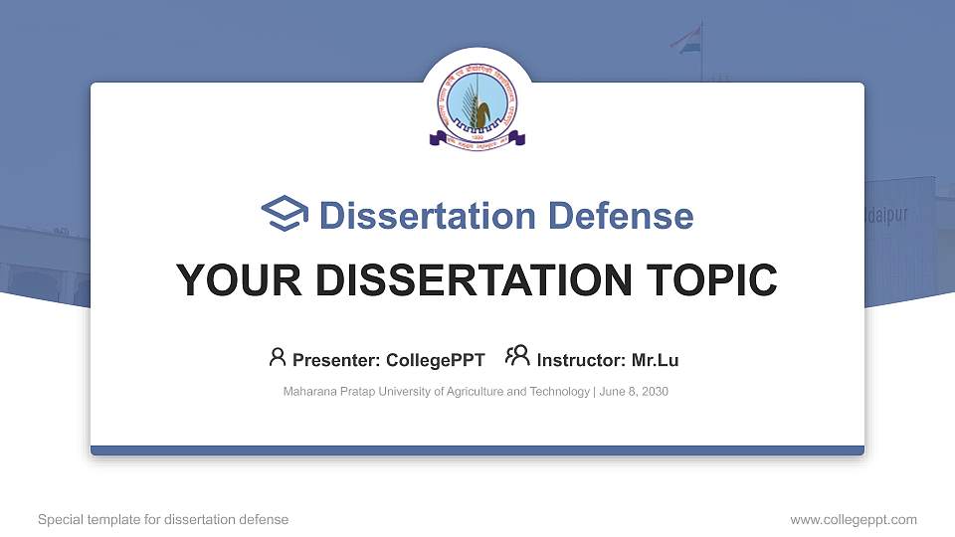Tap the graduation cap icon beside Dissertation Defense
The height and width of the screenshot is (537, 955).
point(286,215)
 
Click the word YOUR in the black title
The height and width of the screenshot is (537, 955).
point(226,280)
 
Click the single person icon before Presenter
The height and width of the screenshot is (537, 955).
point(278,357)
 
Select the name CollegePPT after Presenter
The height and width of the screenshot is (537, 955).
point(437,360)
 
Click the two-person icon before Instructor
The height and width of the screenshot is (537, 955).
point(517,357)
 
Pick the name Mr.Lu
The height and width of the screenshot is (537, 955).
point(656,360)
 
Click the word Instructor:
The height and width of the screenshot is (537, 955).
point(582,360)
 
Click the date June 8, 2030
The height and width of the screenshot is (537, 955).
point(634,392)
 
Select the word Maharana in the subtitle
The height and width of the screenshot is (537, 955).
point(308,392)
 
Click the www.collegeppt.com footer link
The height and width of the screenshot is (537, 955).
point(854,519)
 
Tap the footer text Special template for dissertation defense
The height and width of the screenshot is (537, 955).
point(163,519)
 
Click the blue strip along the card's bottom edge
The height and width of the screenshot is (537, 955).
point(477,450)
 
